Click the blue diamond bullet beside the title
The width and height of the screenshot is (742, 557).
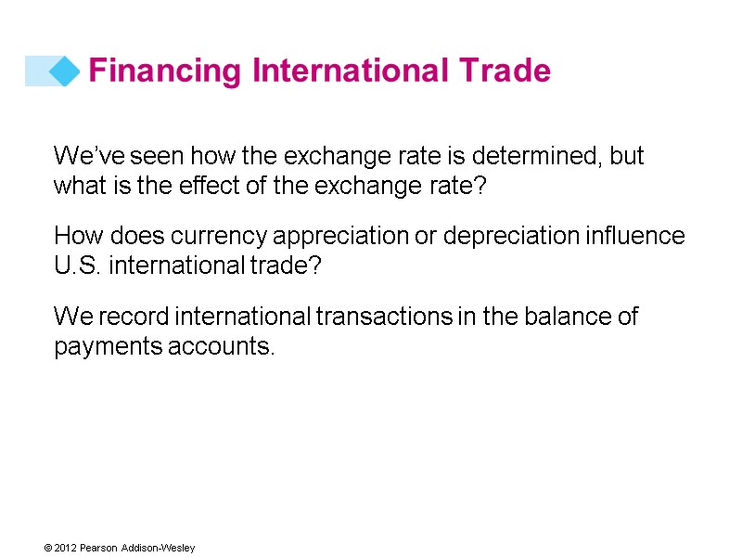point(63,71)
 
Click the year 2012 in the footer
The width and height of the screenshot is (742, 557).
point(64,549)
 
